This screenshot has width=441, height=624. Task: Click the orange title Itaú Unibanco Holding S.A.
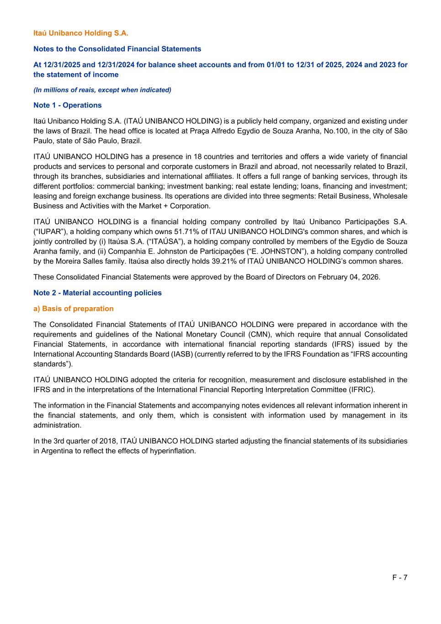point(81,33)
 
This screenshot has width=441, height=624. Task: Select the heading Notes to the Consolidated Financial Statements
point(117,49)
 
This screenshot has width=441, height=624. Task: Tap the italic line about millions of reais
point(102,90)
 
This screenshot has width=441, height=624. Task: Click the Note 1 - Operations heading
point(68,105)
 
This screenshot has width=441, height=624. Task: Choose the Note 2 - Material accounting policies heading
point(97,293)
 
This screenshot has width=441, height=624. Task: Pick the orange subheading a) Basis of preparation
point(73,309)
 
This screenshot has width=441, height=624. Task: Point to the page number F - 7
point(399,577)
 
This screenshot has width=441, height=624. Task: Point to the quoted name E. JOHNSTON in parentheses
point(281,251)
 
